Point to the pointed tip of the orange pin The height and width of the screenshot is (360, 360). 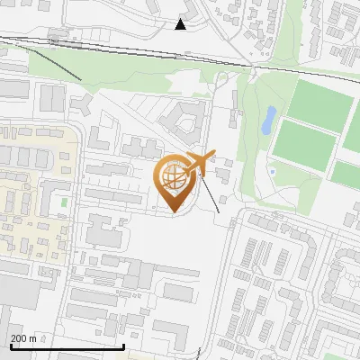(x=174, y=213)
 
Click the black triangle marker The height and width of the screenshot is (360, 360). (x=181, y=24)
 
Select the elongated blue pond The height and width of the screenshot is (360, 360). (x=269, y=121)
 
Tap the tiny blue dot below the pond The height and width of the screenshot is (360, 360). (x=271, y=171)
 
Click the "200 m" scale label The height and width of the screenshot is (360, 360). (x=24, y=338)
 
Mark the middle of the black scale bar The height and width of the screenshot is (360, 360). (x=67, y=346)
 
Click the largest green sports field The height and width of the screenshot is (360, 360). (x=319, y=104)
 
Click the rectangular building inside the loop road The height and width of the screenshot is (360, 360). (x=179, y=293)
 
